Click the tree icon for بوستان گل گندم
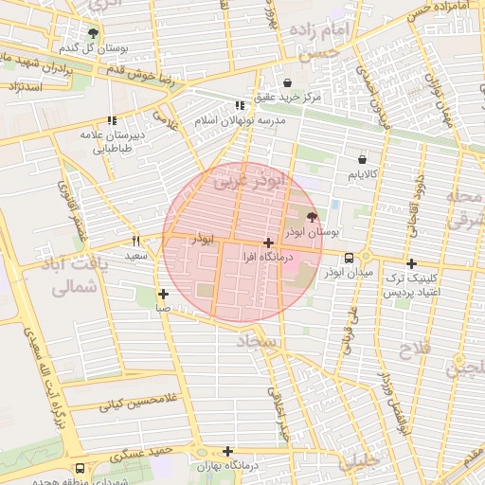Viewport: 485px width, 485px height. point(92,33)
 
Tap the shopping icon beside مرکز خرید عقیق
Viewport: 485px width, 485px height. point(287,83)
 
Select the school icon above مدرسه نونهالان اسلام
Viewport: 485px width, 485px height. point(239,106)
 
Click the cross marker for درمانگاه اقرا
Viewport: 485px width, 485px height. point(269,243)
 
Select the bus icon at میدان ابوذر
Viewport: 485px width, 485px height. point(349,258)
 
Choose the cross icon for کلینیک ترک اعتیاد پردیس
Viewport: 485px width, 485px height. point(410,264)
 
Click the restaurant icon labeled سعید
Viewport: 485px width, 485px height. point(135,242)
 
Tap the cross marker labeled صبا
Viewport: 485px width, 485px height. point(164,294)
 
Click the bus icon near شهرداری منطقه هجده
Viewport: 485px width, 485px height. point(80,468)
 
